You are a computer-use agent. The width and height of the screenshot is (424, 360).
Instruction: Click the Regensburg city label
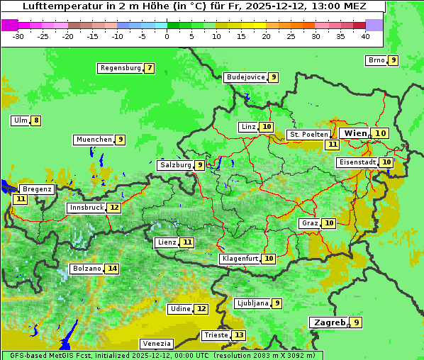[x=121, y=68]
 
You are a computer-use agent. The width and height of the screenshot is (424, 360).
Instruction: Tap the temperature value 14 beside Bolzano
[x=112, y=269]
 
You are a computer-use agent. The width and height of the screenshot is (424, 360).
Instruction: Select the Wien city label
[x=355, y=133]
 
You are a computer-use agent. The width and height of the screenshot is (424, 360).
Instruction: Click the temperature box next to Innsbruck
[x=114, y=208]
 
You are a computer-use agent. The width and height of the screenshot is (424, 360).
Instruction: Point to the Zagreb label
[x=328, y=322]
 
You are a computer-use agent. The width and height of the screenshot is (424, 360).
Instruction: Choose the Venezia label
[x=156, y=343]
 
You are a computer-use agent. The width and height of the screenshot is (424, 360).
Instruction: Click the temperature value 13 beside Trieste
[x=239, y=335]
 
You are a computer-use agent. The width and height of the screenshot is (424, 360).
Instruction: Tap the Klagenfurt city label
[x=240, y=259]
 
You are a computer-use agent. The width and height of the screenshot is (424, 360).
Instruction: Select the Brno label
[x=376, y=60]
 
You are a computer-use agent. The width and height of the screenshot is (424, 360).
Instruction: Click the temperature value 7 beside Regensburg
[x=149, y=68]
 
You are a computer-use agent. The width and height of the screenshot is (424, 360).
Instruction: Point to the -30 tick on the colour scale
[x=18, y=36]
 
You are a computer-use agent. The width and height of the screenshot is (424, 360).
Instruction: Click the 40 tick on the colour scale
[x=365, y=36]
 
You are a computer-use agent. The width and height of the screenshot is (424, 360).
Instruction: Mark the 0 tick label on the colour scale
[x=167, y=36]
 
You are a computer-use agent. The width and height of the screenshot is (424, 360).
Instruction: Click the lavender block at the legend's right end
[x=374, y=25]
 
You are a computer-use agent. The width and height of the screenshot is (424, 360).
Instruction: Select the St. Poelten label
[x=308, y=134]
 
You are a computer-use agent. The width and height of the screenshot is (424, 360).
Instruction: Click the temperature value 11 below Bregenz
[x=20, y=199]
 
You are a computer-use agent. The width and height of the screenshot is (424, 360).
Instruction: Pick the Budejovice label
[x=245, y=77]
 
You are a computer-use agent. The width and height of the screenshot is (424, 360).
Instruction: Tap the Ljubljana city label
[x=252, y=303]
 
